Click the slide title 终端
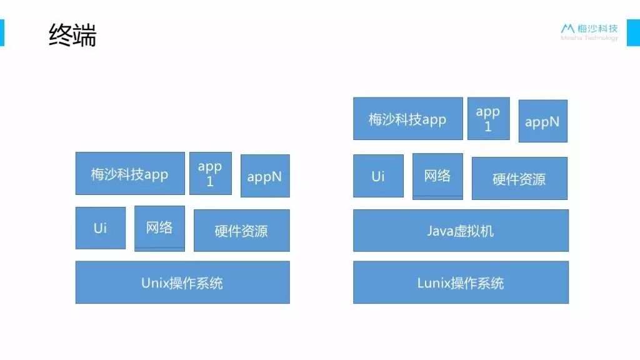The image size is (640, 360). (x=72, y=35)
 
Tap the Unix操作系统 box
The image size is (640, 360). (x=182, y=282)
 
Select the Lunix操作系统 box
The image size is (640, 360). (x=461, y=282)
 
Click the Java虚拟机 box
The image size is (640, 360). (x=461, y=231)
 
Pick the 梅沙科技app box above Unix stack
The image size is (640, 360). (x=130, y=174)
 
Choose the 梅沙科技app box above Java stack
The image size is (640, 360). (x=407, y=118)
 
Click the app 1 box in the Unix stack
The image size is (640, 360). (x=210, y=174)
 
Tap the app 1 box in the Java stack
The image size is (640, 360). (x=488, y=118)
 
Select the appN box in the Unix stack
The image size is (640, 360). (x=265, y=176)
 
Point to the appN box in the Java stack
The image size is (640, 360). (x=543, y=121)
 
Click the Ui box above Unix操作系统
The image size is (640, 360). (x=101, y=227)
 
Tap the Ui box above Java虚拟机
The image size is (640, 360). (x=378, y=176)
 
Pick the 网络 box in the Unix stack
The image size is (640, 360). (x=159, y=229)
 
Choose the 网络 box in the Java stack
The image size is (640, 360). (x=437, y=176)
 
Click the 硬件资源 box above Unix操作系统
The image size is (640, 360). (x=242, y=231)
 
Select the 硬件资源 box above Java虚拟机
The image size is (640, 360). (x=519, y=178)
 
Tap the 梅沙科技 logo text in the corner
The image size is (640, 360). (x=597, y=29)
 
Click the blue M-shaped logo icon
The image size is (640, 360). (x=567, y=28)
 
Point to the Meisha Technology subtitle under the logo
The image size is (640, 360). (x=589, y=38)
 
